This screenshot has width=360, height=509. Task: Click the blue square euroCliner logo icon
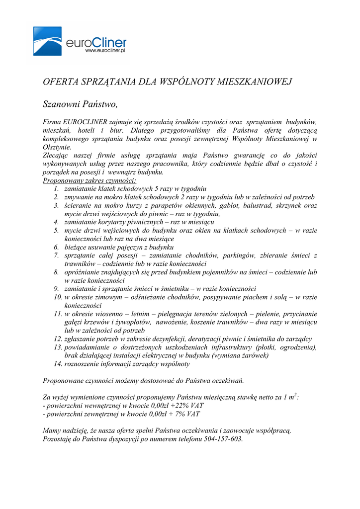47,41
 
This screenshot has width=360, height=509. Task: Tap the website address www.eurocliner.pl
104,50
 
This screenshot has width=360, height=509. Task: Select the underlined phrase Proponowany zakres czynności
90,180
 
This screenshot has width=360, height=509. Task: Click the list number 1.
57,189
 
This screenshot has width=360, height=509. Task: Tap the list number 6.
57,247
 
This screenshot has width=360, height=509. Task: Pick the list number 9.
57,289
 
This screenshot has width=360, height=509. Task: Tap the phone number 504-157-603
223,439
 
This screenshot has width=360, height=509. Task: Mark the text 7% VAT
187,414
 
